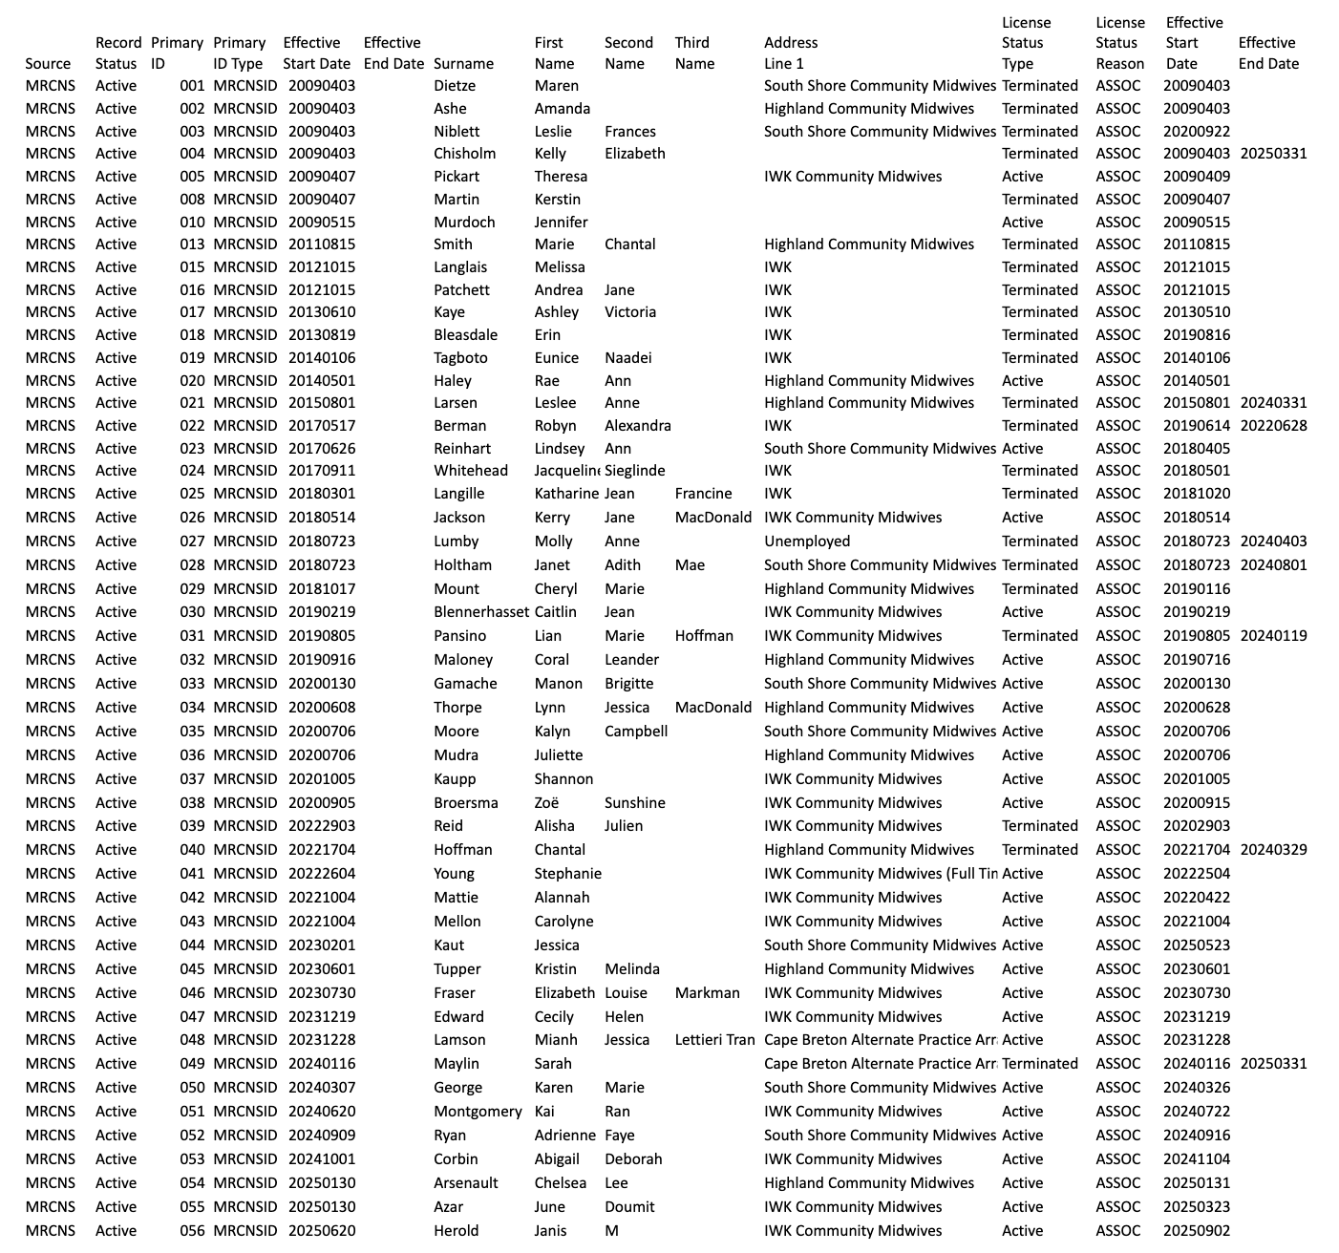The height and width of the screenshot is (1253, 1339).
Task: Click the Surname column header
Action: (463, 64)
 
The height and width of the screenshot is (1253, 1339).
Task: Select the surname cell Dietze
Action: (455, 86)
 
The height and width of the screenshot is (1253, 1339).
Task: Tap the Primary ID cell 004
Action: (192, 154)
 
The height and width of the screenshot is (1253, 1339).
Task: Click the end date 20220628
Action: (1273, 426)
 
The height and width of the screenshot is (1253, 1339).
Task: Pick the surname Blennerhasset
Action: (480, 612)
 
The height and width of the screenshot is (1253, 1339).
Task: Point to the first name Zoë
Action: (546, 803)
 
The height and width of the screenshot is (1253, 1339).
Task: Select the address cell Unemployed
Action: (807, 542)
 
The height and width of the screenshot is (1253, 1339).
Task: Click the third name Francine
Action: (703, 494)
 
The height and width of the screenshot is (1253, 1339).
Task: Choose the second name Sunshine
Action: (634, 803)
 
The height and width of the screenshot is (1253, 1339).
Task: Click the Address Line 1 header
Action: (790, 53)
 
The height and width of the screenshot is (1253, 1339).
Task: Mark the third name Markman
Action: (707, 993)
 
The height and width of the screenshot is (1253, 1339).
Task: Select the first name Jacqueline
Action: (566, 471)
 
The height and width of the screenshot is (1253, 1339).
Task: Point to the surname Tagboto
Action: (460, 358)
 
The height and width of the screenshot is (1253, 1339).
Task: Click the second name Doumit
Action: (629, 1207)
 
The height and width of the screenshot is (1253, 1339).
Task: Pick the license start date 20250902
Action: (1196, 1231)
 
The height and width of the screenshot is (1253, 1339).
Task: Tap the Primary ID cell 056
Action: (192, 1231)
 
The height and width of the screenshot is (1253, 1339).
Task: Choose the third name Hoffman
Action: (704, 636)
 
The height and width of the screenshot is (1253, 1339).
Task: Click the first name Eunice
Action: (556, 358)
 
